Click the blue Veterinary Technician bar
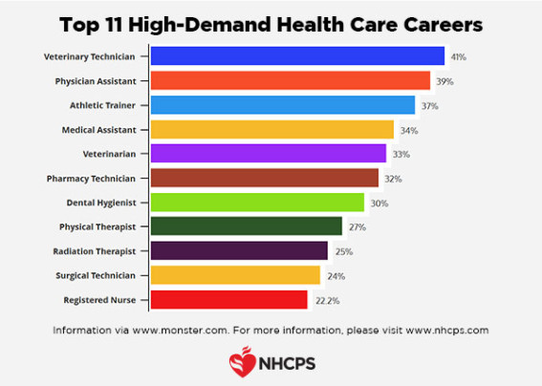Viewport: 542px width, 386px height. click(297, 56)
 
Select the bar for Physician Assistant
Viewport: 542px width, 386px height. click(291, 80)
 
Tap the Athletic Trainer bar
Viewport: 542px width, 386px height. click(283, 105)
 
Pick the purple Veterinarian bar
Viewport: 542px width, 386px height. click(269, 154)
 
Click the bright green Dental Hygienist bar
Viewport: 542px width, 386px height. click(257, 203)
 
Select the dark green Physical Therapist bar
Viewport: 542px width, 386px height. click(247, 226)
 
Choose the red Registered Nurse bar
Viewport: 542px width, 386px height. click(229, 300)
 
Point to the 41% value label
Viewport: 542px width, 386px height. click(459, 57)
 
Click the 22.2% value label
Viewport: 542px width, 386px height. click(326, 300)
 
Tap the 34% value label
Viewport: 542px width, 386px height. click(408, 130)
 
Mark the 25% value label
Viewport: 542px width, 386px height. click(342, 251)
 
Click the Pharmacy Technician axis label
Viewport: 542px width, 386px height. click(98, 179)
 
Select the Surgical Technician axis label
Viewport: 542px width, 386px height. click(99, 275)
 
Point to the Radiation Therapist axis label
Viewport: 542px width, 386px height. click(100, 251)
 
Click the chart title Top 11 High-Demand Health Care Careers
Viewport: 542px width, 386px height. click(271, 21)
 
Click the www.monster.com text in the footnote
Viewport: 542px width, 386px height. click(176, 330)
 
